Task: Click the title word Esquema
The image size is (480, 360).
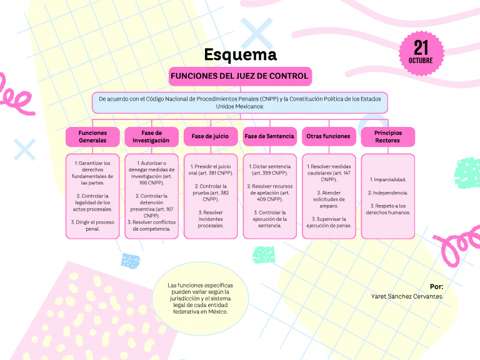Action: (x=240, y=55)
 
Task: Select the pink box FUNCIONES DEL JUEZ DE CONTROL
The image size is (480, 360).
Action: (x=240, y=76)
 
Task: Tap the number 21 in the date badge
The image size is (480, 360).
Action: (x=421, y=47)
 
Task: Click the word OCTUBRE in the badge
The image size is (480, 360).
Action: (x=421, y=61)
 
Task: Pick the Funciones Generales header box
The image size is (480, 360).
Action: (x=92, y=136)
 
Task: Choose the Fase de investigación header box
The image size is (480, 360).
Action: (x=151, y=136)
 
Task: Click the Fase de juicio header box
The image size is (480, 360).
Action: (x=210, y=136)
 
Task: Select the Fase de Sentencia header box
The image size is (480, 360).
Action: (x=269, y=136)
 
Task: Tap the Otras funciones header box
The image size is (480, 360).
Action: (x=328, y=136)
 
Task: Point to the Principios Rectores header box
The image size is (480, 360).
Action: (x=387, y=136)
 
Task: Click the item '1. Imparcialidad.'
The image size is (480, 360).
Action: (x=387, y=179)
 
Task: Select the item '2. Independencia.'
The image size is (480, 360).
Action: (x=387, y=192)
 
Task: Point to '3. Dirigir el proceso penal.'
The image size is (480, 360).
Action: (x=92, y=225)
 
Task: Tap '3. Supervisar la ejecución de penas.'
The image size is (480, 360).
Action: (x=328, y=222)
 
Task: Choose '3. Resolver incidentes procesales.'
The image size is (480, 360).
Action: (x=210, y=219)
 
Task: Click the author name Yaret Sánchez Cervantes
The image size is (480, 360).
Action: (x=407, y=296)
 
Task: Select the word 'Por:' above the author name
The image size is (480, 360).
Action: (x=436, y=286)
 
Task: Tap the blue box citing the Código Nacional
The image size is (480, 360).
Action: (x=240, y=102)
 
